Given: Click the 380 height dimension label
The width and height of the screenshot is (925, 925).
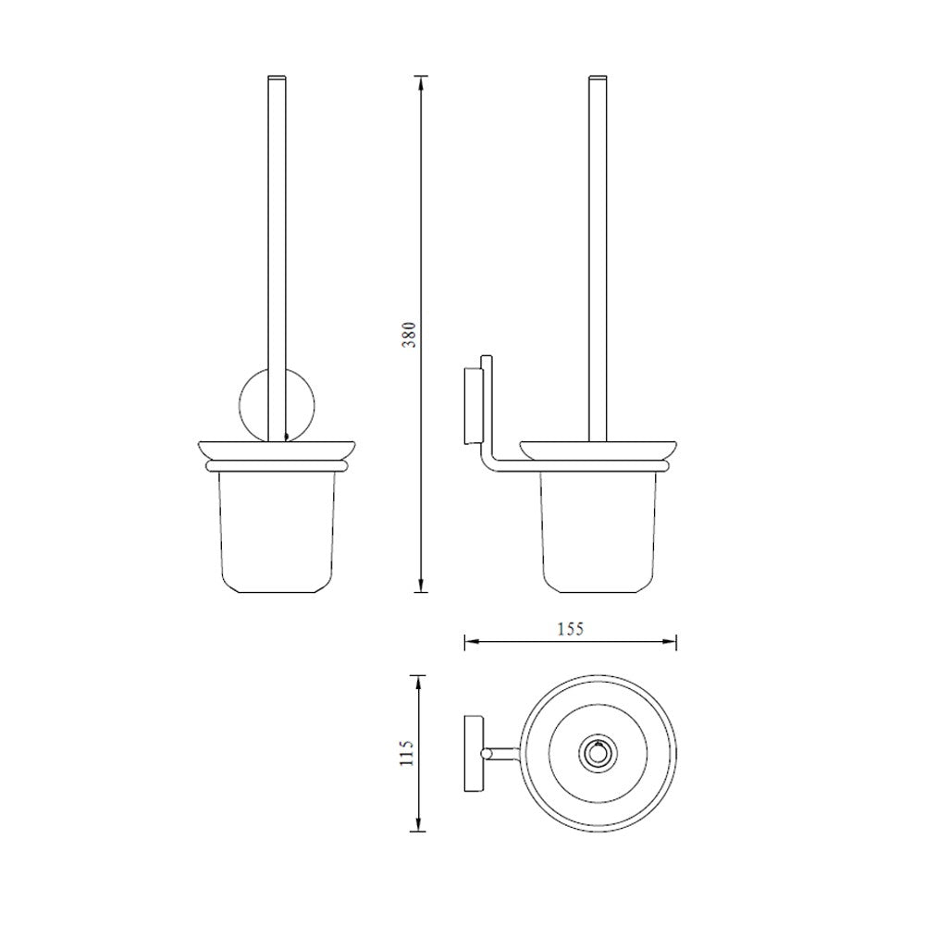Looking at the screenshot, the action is pyautogui.click(x=410, y=334).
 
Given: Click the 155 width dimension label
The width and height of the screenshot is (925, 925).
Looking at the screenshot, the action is pyautogui.click(x=570, y=629).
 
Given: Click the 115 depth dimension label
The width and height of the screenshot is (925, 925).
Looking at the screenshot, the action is pyautogui.click(x=407, y=753).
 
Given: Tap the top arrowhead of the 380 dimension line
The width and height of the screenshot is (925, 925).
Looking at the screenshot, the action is pyautogui.click(x=420, y=82).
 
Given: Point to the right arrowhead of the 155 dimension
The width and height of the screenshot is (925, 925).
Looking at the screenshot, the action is pyautogui.click(x=669, y=642).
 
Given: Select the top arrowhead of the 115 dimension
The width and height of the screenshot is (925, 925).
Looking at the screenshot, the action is pyautogui.click(x=418, y=683).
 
